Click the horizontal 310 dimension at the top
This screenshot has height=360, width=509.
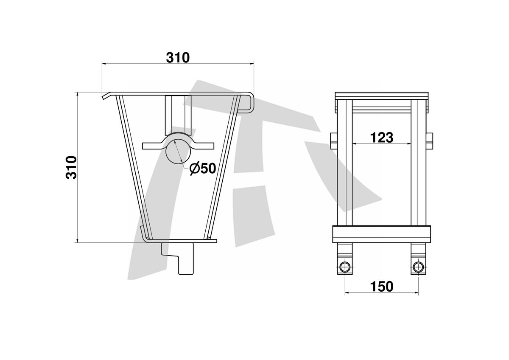click(x=178, y=58)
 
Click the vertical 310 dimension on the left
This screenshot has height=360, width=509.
click(x=71, y=167)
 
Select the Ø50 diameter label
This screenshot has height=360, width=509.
click(x=203, y=169)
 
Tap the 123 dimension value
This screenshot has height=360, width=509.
click(x=381, y=138)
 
